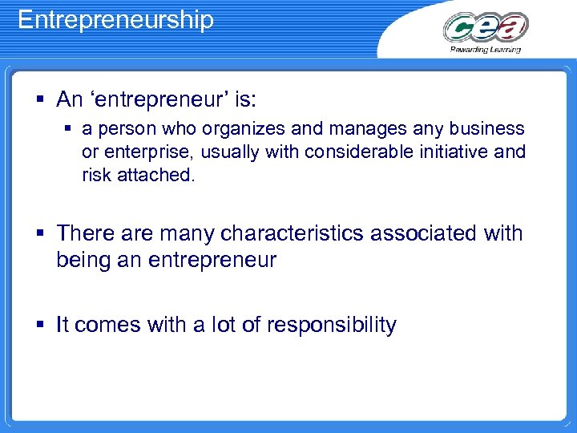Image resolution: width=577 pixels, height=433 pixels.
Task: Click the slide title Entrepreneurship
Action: [x=115, y=19]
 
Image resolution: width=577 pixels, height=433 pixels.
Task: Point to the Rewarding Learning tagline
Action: [x=486, y=49]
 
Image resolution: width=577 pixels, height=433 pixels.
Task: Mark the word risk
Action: [x=97, y=174]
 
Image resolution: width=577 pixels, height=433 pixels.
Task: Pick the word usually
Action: [x=233, y=152]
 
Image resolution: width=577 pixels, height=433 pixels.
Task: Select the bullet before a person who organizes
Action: [x=69, y=129]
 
